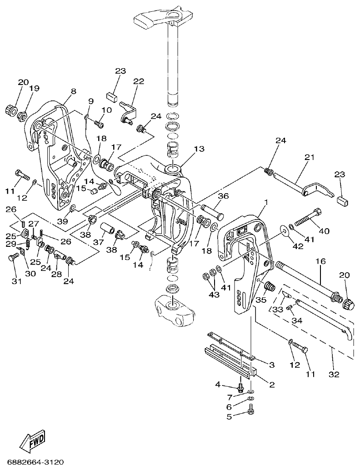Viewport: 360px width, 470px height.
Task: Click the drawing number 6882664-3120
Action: (x=35, y=462)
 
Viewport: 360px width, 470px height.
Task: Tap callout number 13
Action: (x=199, y=149)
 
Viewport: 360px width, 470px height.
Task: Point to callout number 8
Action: (x=73, y=91)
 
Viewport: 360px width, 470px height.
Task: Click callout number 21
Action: (x=309, y=158)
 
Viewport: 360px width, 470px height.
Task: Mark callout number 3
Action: (x=271, y=365)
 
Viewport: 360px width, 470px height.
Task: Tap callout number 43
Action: (x=214, y=295)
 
